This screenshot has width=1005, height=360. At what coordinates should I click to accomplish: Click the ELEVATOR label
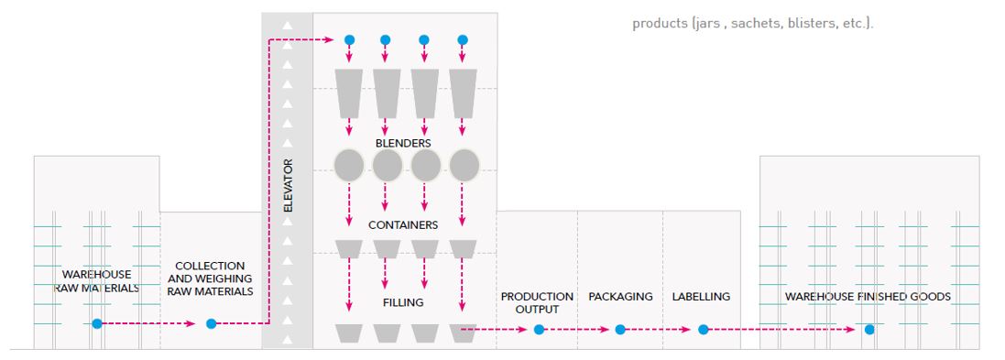(288, 188)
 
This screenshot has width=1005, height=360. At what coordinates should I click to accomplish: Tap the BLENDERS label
(403, 143)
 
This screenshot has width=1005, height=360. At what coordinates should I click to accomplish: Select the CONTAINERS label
(403, 224)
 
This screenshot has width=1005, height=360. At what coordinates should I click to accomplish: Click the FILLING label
(403, 301)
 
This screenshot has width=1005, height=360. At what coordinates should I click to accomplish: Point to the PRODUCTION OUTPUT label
(537, 303)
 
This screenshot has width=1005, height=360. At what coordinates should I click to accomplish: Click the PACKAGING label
(620, 297)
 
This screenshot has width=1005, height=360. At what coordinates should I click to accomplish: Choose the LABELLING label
(701, 297)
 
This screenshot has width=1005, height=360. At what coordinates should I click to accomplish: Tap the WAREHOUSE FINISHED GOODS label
(868, 297)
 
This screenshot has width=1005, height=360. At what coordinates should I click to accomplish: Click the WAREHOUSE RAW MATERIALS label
(96, 281)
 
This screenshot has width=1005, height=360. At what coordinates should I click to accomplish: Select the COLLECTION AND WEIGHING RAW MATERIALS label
(211, 278)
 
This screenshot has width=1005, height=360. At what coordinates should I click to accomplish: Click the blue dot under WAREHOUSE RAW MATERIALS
(96, 323)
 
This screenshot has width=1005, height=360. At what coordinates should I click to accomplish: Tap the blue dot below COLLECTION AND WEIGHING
(211, 323)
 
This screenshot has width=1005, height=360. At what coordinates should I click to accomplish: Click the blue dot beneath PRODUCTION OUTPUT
(539, 329)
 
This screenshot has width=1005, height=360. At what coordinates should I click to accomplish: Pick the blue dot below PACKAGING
(620, 329)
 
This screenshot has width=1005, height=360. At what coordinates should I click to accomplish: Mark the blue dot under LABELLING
(703, 329)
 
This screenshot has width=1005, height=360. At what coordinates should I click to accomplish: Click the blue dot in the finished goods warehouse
(868, 329)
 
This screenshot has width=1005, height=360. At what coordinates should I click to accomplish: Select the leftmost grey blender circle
(349, 166)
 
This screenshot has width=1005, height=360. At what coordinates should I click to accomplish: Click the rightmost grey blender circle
(464, 166)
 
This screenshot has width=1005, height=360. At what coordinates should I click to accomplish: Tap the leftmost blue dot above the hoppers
(348, 40)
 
